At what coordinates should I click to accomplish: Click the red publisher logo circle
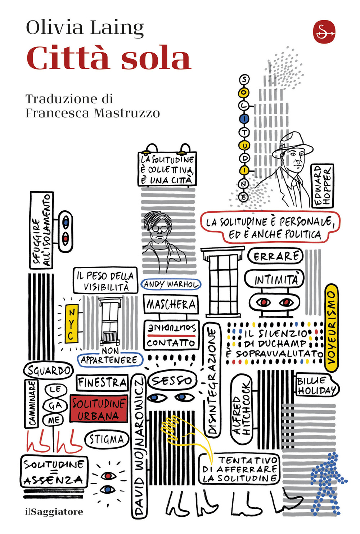[324, 32]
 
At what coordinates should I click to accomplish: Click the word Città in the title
[68, 58]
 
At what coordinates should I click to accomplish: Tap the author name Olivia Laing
[85, 28]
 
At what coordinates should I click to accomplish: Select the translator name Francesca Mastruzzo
[93, 113]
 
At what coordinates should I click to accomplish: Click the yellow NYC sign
[72, 323]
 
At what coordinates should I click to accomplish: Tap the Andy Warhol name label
[171, 284]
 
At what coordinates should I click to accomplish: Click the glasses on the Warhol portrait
[159, 229]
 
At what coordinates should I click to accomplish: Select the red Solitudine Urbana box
[99, 408]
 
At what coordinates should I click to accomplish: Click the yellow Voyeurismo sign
[332, 328]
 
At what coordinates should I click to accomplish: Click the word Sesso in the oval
[172, 381]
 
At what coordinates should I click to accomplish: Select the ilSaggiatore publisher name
[54, 512]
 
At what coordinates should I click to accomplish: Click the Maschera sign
[171, 305]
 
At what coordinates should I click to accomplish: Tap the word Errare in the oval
[275, 256]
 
